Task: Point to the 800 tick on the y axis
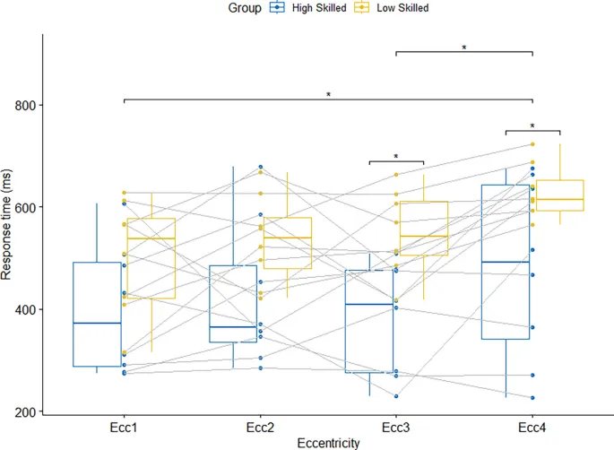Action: coord(26,105)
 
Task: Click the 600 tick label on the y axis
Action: coord(26,207)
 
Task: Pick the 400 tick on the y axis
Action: coord(26,309)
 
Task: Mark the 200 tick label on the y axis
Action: coord(26,411)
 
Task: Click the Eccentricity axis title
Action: coord(328,442)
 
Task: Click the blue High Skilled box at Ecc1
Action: coord(97,314)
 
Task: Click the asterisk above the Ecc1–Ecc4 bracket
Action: coord(328,94)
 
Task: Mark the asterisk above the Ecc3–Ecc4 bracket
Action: coord(464,48)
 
